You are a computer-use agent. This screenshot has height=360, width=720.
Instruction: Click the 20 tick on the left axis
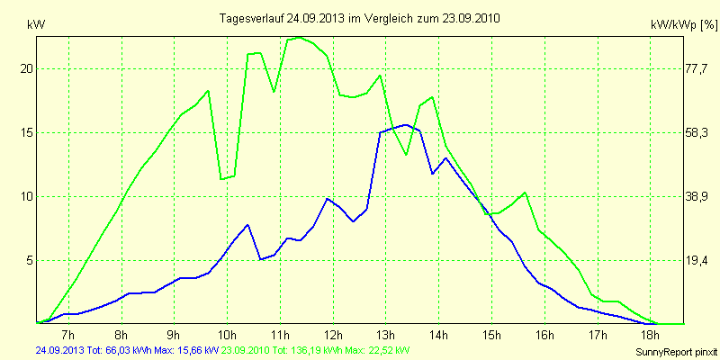pyautogui.click(x=27, y=68)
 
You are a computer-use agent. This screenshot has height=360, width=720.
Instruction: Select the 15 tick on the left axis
pyautogui.click(x=27, y=132)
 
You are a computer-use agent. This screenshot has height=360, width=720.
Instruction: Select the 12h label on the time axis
pyautogui.click(x=333, y=335)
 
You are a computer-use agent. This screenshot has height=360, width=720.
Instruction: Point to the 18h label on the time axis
pyautogui.click(x=651, y=335)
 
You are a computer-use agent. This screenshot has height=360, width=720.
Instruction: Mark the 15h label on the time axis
pyautogui.click(x=492, y=335)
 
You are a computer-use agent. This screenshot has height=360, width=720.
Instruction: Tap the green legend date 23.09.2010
pyautogui.click(x=248, y=350)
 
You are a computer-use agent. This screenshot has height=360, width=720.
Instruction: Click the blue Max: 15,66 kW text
pyautogui.click(x=185, y=350)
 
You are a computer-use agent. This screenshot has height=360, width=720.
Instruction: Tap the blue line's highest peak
pyautogui.click(x=407, y=125)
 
